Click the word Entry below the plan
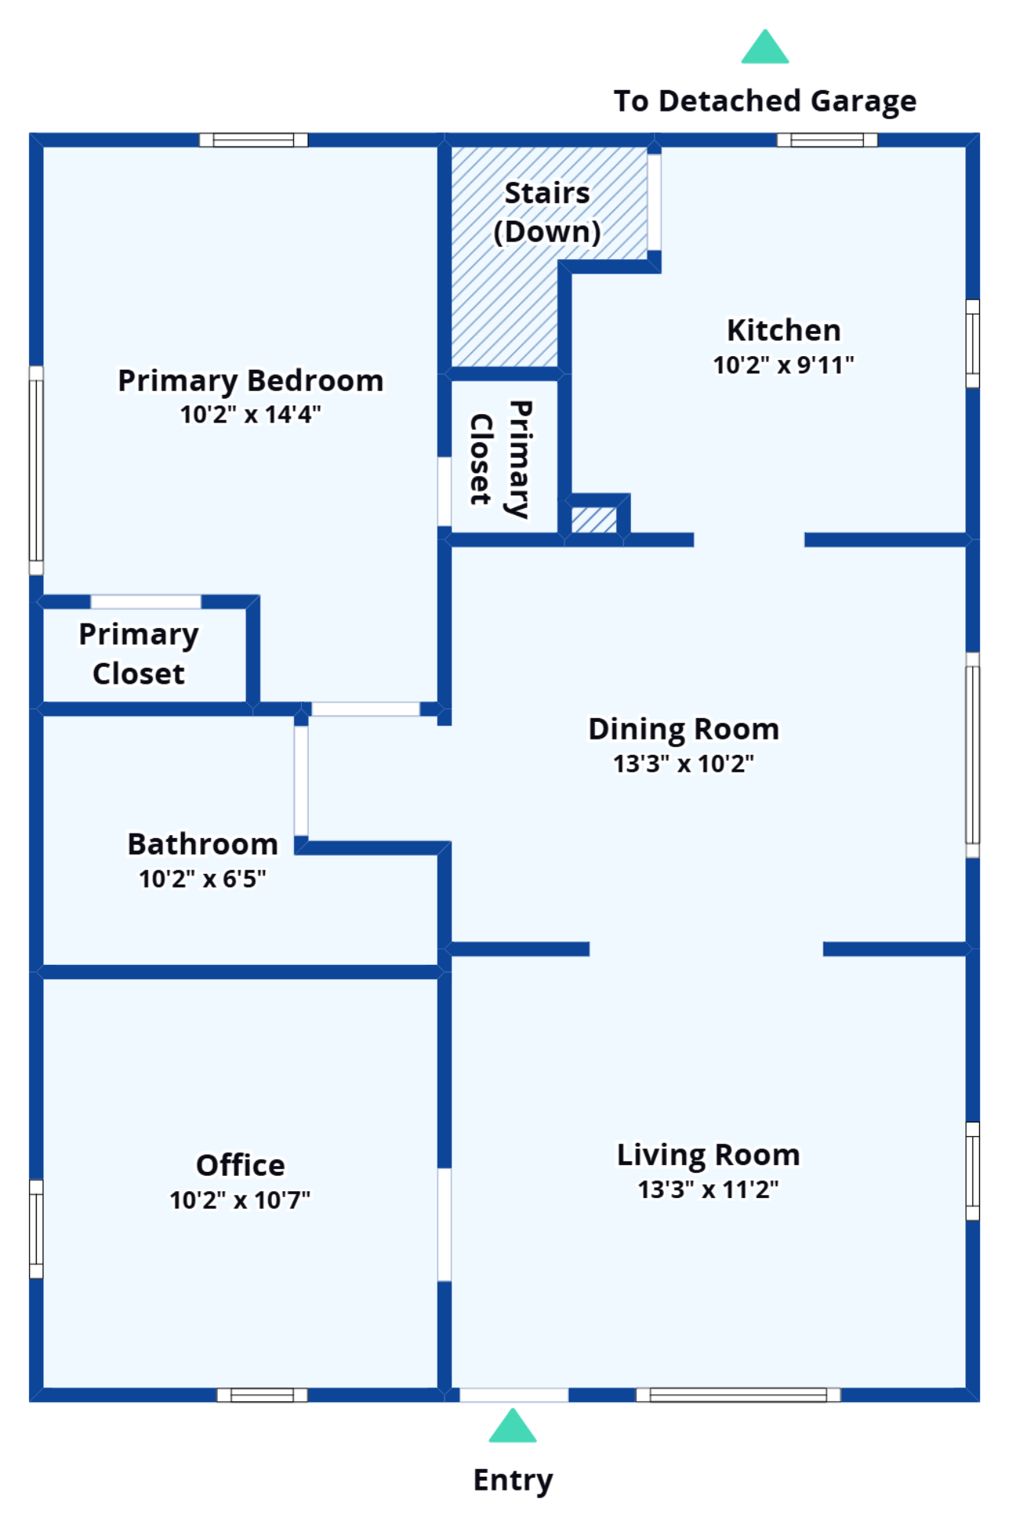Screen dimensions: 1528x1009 (513, 1480)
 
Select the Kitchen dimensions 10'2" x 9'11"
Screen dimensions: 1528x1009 (784, 365)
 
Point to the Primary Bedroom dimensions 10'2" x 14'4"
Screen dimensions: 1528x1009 (251, 415)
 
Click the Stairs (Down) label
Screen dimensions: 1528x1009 (547, 212)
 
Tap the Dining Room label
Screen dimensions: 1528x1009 (684, 729)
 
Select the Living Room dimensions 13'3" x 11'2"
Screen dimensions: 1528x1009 (708, 1190)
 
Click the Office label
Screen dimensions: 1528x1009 (241, 1165)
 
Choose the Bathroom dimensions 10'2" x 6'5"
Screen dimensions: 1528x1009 (202, 879)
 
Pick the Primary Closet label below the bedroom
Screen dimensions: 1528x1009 (139, 654)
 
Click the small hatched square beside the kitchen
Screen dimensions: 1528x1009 (593, 520)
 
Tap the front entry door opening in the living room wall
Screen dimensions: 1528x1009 (513, 1396)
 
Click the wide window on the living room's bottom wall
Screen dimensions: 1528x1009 (738, 1395)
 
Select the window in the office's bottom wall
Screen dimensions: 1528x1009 (262, 1395)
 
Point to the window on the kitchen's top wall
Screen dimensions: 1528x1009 (827, 140)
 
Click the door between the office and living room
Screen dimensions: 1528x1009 (444, 1224)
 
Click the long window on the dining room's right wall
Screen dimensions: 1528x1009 (972, 755)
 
